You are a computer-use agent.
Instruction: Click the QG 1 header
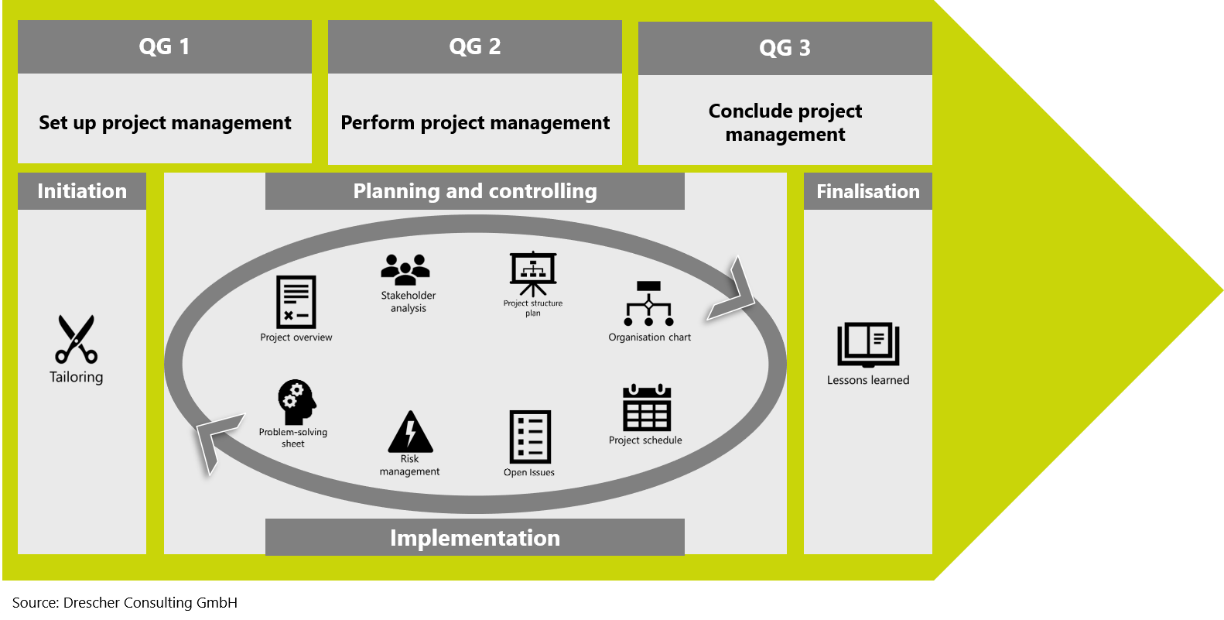(x=165, y=47)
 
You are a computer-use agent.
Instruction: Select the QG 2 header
(x=475, y=47)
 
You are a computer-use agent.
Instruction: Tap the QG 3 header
(x=785, y=48)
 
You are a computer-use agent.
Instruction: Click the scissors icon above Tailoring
(x=76, y=340)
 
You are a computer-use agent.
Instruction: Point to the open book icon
(x=868, y=344)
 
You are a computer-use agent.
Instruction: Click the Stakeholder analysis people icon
(x=405, y=269)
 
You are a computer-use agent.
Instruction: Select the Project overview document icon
(x=296, y=302)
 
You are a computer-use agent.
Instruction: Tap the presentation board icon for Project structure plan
(x=533, y=274)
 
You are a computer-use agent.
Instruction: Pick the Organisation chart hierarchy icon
(x=648, y=303)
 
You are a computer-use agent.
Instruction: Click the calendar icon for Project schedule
(x=647, y=408)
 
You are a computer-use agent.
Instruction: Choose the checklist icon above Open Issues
(x=530, y=437)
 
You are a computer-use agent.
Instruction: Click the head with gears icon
(x=296, y=402)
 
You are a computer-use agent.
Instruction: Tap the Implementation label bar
(x=475, y=537)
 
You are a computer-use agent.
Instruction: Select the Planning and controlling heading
(x=475, y=191)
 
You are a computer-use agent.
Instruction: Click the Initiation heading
(x=82, y=191)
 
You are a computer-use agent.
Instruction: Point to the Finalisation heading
(x=868, y=191)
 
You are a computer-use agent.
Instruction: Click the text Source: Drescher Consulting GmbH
(x=125, y=602)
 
